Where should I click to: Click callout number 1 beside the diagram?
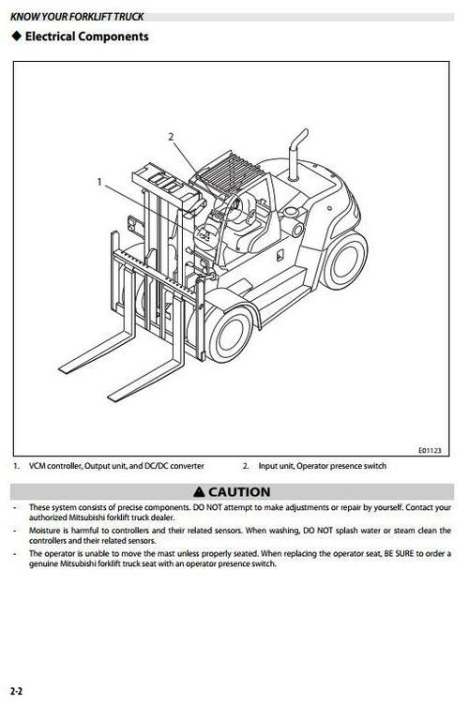click(99, 181)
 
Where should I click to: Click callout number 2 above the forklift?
click(171, 137)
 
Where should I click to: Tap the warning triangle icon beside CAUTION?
click(199, 492)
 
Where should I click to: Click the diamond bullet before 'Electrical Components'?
click(15, 37)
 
